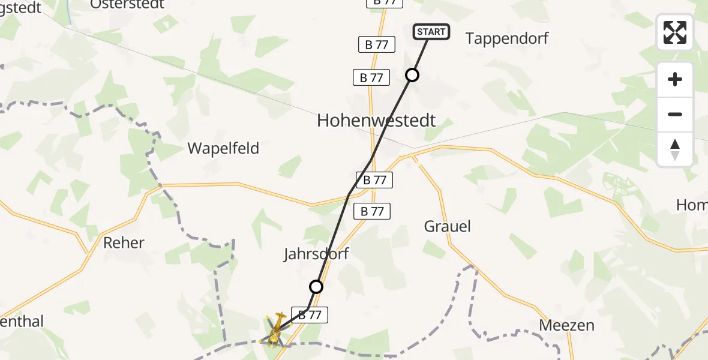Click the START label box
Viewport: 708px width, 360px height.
click(x=431, y=32)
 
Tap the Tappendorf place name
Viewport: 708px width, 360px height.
click(x=507, y=38)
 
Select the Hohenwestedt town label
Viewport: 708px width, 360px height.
click(x=376, y=121)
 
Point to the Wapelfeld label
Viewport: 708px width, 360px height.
click(x=223, y=148)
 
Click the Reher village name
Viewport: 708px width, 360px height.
click(x=124, y=242)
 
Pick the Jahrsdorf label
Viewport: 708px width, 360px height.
click(x=316, y=254)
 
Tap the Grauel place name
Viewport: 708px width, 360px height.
click(x=447, y=226)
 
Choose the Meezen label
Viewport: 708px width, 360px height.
click(x=566, y=325)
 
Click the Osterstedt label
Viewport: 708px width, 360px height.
click(x=127, y=4)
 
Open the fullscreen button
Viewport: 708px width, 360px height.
click(x=675, y=32)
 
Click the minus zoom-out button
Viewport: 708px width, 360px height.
click(x=675, y=114)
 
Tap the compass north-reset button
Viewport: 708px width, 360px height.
click(x=675, y=149)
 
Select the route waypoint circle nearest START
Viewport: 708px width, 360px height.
click(x=412, y=75)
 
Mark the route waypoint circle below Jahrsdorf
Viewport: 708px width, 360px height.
click(x=316, y=287)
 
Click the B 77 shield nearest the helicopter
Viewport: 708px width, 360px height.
click(x=310, y=314)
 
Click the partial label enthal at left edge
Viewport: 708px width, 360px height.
click(x=22, y=322)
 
